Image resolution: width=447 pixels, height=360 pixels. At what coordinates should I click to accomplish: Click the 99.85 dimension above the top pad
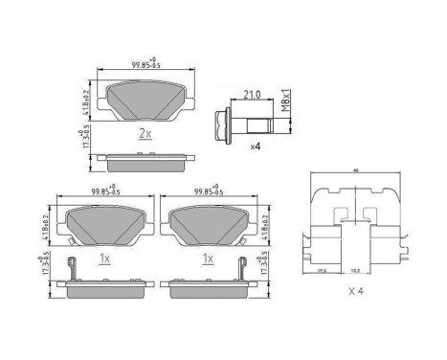(x=145, y=65)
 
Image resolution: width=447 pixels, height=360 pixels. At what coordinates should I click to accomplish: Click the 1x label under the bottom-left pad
(x=104, y=259)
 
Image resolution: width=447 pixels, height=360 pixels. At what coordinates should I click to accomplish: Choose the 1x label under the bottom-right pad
(x=207, y=259)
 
